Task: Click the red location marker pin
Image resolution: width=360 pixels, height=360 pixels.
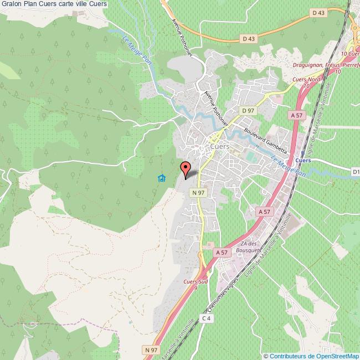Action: point(185,168)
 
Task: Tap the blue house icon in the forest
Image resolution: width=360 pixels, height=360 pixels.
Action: point(161,178)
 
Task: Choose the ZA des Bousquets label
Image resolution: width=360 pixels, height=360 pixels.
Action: point(251,247)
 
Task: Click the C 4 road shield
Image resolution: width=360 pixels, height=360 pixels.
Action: point(206,318)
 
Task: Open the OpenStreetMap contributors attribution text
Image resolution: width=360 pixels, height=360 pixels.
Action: point(312,356)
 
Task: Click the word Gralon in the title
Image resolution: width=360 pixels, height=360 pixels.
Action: point(11,4)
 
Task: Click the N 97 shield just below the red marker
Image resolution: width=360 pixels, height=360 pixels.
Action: point(198,192)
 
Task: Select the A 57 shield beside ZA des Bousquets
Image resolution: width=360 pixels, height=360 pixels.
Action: point(222,252)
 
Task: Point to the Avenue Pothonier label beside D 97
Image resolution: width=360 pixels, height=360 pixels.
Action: point(217,106)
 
